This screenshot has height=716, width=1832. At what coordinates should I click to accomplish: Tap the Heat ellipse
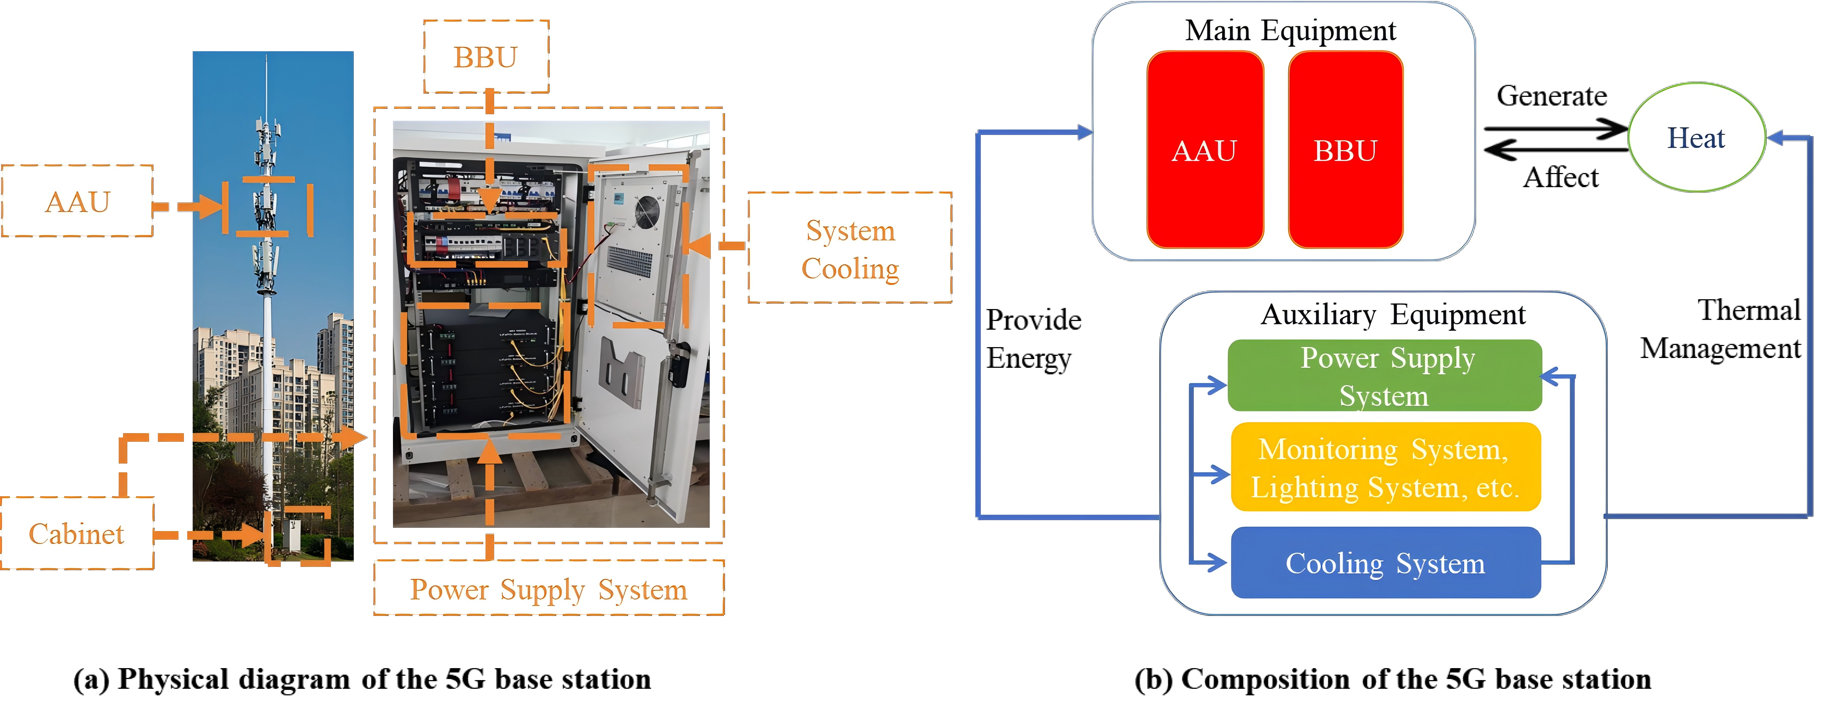point(1697,137)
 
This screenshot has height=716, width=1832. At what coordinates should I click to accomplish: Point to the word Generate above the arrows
point(1552,95)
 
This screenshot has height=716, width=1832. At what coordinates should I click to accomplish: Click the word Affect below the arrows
point(1560,177)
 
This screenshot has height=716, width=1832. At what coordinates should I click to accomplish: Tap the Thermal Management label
point(1721,329)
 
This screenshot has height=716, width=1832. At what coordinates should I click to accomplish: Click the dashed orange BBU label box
point(487,56)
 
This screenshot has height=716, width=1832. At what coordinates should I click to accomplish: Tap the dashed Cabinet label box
point(77,533)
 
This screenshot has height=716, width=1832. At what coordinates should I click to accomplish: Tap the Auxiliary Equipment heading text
point(1393,314)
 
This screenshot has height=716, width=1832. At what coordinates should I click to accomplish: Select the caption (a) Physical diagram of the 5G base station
point(362,679)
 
